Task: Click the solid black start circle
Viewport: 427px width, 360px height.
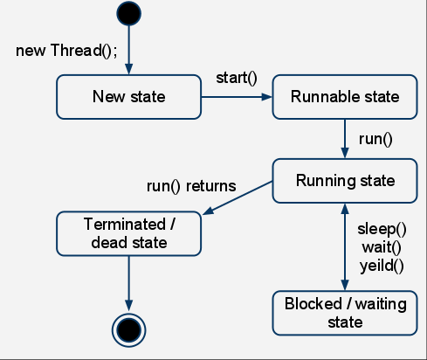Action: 128,14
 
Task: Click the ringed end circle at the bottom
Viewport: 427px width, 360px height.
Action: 128,329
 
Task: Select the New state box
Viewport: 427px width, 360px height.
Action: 128,96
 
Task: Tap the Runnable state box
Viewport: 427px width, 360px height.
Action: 346,96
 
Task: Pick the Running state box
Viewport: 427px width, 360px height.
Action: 346,181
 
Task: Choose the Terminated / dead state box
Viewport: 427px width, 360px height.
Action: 128,232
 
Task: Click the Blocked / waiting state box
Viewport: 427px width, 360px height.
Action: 346,313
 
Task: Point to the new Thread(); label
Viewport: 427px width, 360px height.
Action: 66,48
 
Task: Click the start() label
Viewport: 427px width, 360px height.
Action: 237,79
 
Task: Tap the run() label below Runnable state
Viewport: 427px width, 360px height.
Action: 375,138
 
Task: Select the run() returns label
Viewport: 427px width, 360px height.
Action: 191,186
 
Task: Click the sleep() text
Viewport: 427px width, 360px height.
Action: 382,230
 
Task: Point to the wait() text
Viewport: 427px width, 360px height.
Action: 381,246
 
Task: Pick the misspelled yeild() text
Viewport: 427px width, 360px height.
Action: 382,262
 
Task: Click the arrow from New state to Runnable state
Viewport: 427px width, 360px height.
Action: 236,97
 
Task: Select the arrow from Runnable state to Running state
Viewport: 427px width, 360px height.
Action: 346,138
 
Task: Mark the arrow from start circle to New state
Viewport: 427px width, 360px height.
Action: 128,51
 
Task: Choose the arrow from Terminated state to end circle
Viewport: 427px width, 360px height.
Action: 128,281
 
